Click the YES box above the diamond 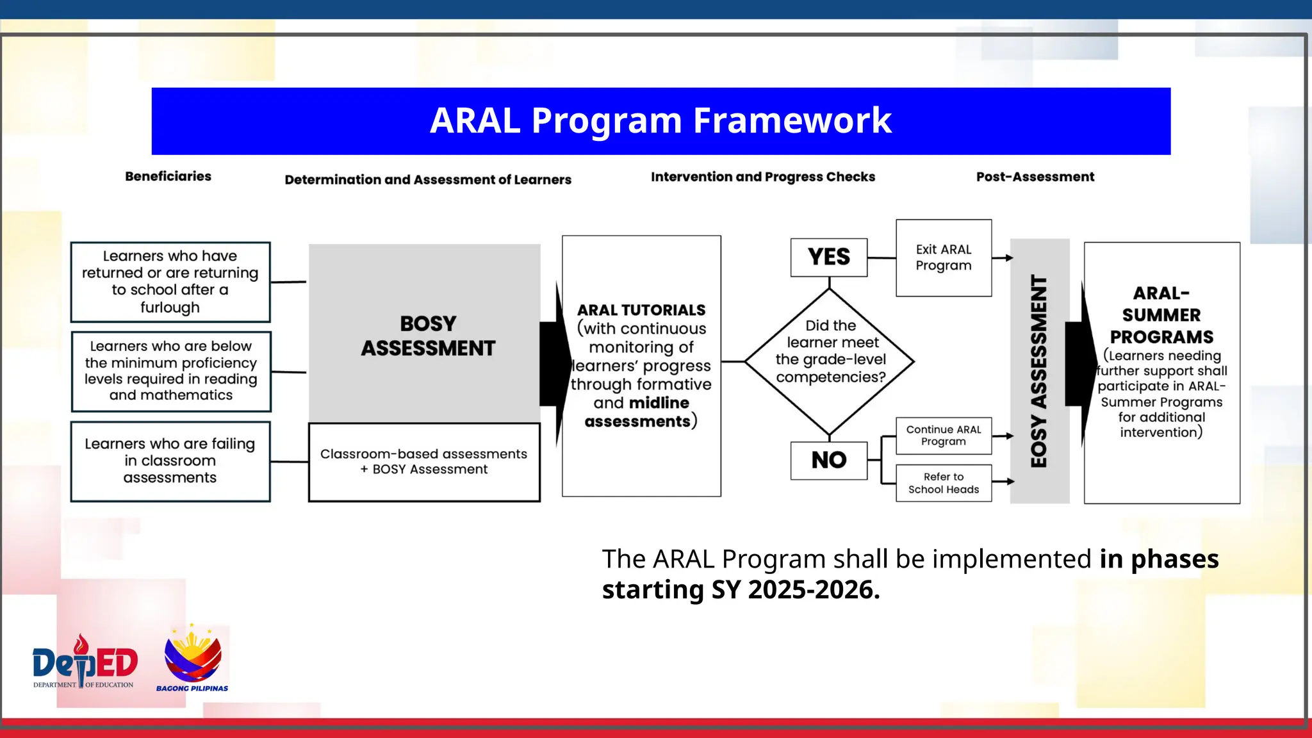(x=828, y=258)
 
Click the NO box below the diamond (x=828, y=460)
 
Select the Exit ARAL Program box (x=943, y=258)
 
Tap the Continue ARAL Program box (x=943, y=436)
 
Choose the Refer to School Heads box (x=943, y=483)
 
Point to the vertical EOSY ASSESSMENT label (x=1038, y=372)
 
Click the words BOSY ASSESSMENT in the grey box (x=428, y=336)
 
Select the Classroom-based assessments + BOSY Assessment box (x=423, y=461)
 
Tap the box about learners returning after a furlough (x=170, y=282)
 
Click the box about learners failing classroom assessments (x=170, y=461)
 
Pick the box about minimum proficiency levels (x=170, y=371)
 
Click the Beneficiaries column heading (x=168, y=176)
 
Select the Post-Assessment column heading (x=1035, y=177)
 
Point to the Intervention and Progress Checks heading (x=762, y=177)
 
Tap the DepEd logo (x=85, y=663)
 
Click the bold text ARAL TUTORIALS (x=641, y=310)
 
